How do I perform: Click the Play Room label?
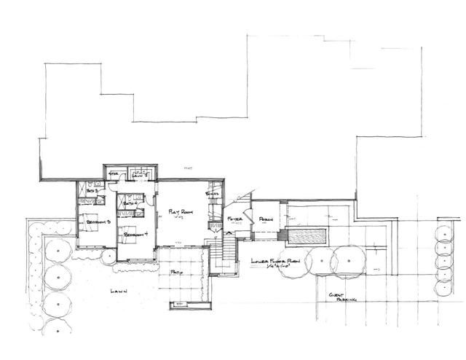tap(180, 212)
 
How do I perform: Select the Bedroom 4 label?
tap(135, 235)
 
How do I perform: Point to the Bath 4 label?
tap(131, 204)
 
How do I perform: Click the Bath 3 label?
tap(92, 188)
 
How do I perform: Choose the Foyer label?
tap(234, 219)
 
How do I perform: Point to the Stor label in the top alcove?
tap(114, 174)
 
